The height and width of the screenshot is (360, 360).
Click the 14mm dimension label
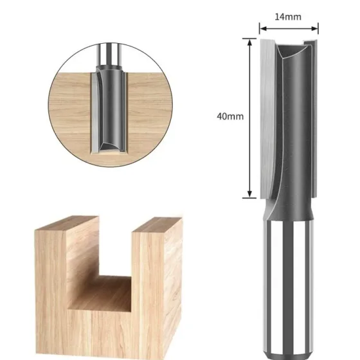click(x=288, y=17)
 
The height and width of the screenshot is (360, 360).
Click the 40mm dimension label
click(x=230, y=116)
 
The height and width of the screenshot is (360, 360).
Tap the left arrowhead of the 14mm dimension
click(x=263, y=28)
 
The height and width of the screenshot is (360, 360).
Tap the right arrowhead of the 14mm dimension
click(x=314, y=28)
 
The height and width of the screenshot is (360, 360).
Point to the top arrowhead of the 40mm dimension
click(x=250, y=42)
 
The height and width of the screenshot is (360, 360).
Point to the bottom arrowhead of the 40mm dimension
click(x=250, y=194)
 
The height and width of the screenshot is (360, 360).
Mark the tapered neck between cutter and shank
click(x=289, y=209)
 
